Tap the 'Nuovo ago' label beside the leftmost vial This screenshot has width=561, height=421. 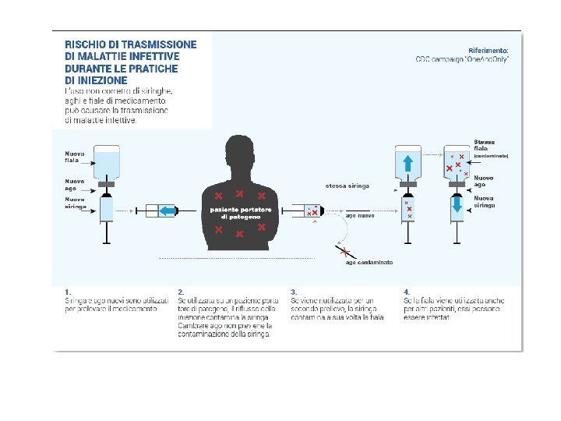pos(76,184)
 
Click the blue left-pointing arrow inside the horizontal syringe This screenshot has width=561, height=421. pos(167,210)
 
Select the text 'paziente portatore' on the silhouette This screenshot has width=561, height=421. pos(240,210)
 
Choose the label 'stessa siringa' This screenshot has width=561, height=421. pos(348,186)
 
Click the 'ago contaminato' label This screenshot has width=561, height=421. pos(369,262)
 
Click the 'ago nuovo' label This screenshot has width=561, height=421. pos(360,215)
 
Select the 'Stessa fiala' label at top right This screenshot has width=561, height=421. pos(485,145)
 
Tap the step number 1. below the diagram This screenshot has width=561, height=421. pos(68,292)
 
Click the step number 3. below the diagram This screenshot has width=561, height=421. pos(294,292)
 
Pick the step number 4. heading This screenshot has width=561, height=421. pos(407,292)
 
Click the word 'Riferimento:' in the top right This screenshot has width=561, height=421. pos(489,49)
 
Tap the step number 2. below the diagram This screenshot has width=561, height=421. pos(181,292)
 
